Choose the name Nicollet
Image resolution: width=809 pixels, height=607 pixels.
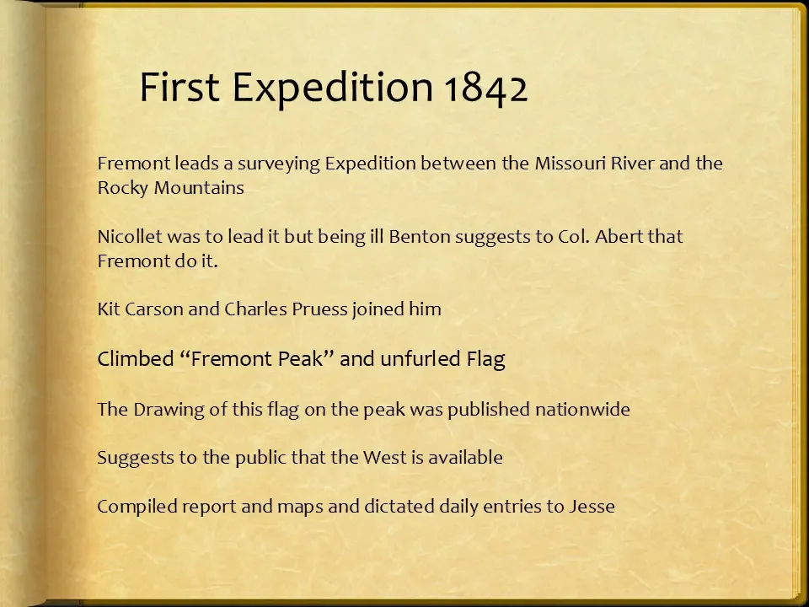click(129, 237)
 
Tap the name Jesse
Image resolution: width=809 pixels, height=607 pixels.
click(592, 508)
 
